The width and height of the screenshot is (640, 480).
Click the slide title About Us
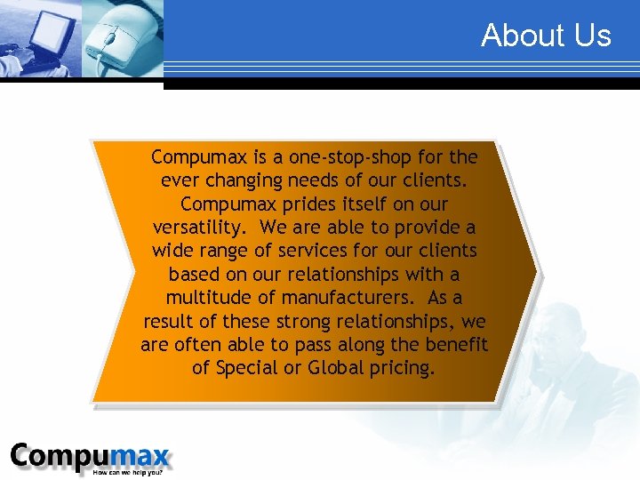(546, 36)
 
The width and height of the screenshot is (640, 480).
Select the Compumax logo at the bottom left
(89, 457)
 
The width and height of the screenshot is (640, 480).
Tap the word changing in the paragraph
(240, 180)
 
